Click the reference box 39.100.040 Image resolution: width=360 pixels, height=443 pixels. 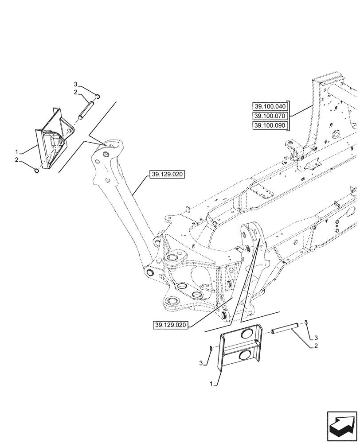click(270, 106)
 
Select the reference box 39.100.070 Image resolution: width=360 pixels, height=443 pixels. click(270, 116)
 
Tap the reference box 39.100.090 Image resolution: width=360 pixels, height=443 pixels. click(270, 126)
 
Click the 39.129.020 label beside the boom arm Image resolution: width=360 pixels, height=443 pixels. click(167, 175)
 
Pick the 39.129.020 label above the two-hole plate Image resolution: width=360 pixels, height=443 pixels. click(171, 325)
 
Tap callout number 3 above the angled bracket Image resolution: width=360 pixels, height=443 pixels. click(75, 84)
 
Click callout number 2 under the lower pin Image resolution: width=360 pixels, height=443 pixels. click(316, 346)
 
